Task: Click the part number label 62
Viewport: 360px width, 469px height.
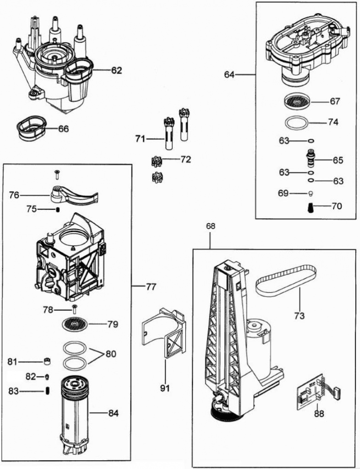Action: pos(117,71)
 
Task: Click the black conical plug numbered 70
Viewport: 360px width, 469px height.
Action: pos(311,206)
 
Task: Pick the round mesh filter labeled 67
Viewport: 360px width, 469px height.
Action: pos(296,101)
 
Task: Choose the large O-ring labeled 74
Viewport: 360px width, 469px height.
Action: pos(295,123)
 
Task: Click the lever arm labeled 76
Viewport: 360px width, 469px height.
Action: pos(74,194)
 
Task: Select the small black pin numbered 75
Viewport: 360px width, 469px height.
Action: pos(58,210)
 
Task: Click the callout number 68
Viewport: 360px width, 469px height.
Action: pos(211,226)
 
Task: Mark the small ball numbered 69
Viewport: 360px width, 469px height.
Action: pos(310,193)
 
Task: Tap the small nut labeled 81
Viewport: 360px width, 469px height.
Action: pos(46,360)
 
